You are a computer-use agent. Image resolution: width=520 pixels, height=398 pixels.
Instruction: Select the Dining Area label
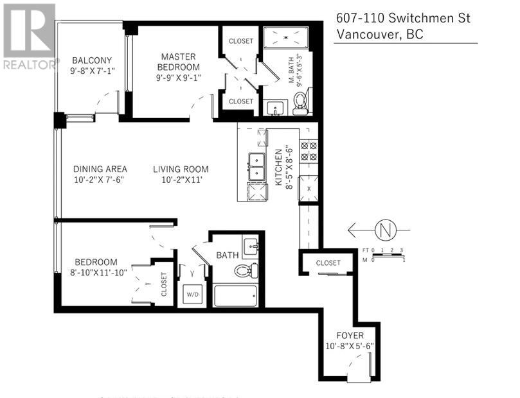point(97,169)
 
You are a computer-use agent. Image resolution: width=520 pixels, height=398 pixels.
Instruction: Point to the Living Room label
point(181,169)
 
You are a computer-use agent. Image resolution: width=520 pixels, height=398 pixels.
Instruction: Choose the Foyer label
point(350,336)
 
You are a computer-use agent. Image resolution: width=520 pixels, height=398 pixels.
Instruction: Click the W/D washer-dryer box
point(191,293)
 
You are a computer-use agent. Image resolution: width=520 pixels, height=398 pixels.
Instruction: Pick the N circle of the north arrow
point(385,229)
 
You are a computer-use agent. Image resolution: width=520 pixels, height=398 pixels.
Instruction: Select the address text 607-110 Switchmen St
point(403,18)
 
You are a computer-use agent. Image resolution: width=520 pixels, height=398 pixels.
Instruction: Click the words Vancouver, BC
point(379,35)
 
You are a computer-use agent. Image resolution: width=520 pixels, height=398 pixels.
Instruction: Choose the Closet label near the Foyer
point(328,263)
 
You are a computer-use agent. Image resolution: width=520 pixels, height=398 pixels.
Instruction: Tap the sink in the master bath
point(276,108)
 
